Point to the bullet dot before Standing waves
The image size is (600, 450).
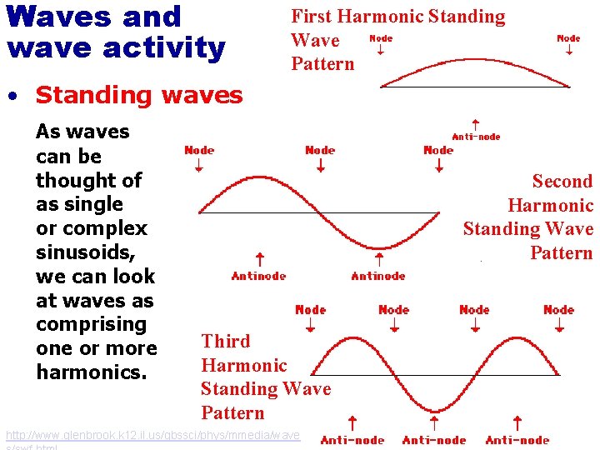pos(12,97)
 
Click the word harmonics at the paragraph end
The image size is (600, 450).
pos(92,372)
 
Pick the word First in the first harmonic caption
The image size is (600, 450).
pos(309,17)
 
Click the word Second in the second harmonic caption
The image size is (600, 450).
pos(562,182)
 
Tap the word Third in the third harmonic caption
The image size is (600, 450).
pos(226,342)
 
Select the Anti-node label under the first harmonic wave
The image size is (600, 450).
pos(476,137)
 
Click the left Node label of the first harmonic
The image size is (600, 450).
pos(380,38)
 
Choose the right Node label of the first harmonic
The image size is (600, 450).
pos(568,38)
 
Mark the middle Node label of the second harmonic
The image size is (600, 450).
pos(320,150)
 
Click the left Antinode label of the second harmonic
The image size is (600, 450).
pos(258,276)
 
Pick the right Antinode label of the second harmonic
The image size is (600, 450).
pos(378,276)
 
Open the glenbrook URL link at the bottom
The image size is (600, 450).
pos(152,436)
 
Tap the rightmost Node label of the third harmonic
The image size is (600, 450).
pos(558,309)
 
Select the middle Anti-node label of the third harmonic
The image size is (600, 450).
pos(434,440)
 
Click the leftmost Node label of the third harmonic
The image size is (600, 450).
pos(311,309)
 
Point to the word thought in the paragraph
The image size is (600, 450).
pos(88,180)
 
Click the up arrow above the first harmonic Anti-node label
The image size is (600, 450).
pos(475,123)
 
